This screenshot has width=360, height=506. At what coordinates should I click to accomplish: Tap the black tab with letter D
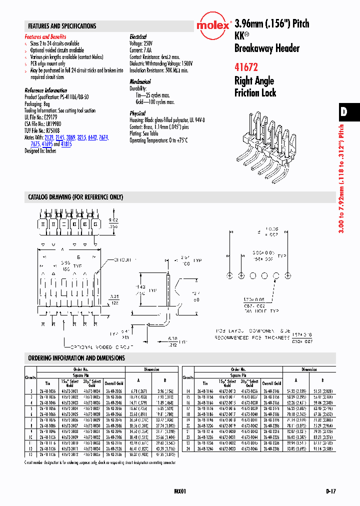[x=344, y=112]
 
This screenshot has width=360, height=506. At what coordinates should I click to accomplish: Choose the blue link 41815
[x=66, y=143]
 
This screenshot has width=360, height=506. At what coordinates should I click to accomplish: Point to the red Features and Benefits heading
[x=45, y=37]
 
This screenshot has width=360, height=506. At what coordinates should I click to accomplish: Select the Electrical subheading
[x=138, y=37]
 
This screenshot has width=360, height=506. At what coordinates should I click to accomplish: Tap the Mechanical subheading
[x=140, y=81]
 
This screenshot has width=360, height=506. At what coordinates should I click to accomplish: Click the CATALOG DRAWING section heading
[x=75, y=197]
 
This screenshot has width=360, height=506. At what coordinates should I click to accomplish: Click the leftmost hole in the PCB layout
[x=230, y=275]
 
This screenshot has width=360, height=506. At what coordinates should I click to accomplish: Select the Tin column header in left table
[x=48, y=383]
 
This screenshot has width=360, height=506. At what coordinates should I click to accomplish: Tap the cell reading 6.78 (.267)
[x=138, y=390]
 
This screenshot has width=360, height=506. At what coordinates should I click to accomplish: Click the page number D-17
[x=330, y=492]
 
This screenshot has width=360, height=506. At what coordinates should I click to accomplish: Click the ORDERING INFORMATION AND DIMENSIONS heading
[x=76, y=358]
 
